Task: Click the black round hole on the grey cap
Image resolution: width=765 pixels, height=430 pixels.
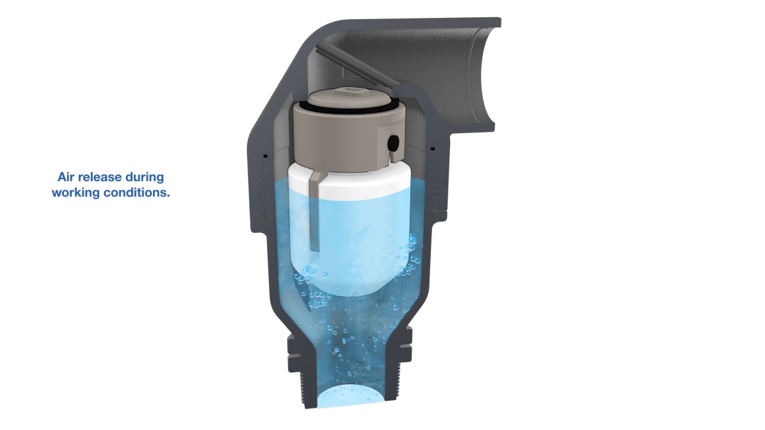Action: pos(394,142)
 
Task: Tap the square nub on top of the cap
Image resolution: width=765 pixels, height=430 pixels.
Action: pos(347,92)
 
